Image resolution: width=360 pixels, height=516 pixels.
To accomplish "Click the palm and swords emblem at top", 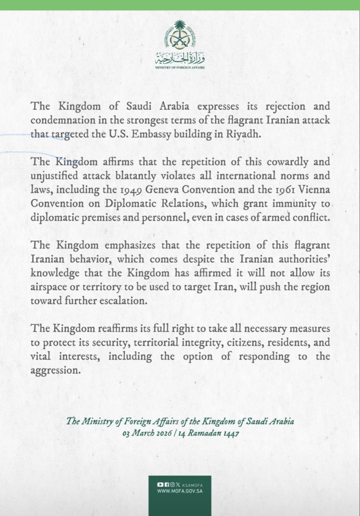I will [x=180, y=35].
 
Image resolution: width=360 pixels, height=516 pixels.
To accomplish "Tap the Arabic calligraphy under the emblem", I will [x=180, y=57].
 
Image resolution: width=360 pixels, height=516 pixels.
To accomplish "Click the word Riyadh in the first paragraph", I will [x=255, y=135].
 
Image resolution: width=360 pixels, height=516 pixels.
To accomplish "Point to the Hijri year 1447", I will [x=232, y=434].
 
